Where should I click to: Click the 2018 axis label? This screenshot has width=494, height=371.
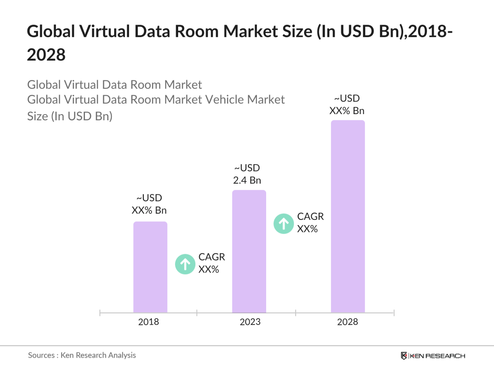pos(148,322)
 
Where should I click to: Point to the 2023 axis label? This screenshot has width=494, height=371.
pos(250,322)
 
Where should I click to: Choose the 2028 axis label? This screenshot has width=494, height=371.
pos(347,322)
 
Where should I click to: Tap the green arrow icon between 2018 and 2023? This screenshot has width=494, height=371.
pos(185,264)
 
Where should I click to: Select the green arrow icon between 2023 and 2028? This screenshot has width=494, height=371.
pos(284,224)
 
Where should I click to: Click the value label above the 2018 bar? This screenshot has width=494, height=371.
pos(149,204)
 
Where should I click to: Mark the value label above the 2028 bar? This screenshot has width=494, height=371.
pos(347,105)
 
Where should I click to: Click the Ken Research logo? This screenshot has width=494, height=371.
pos(433,356)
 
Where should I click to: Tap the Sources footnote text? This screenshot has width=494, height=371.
pos(82,355)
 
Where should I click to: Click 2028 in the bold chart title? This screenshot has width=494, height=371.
pos(46,55)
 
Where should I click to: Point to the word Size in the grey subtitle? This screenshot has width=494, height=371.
pos(37,116)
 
